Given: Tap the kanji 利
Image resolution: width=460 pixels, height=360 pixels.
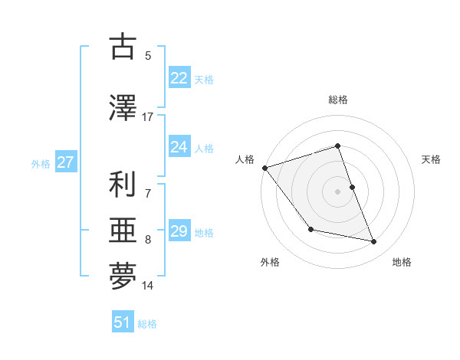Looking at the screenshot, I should (123, 185).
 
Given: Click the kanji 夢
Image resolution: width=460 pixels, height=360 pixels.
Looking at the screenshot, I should (123, 277).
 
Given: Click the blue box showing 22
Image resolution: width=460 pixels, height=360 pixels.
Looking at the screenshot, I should (179, 78).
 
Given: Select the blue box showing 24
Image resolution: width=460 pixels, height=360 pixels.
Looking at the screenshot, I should (179, 147).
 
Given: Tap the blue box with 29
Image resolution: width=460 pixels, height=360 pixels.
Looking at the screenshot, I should (179, 231).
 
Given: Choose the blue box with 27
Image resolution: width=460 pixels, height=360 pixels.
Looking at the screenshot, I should (65, 162).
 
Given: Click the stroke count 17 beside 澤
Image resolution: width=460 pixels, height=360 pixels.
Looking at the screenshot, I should (147, 117).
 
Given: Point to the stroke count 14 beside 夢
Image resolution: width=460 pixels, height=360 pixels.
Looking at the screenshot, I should (147, 286).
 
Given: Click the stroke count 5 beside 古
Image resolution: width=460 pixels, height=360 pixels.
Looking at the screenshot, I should (147, 55).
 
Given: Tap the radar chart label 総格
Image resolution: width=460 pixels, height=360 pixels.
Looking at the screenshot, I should (338, 100).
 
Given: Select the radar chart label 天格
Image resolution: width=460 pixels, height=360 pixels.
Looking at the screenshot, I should (431, 159).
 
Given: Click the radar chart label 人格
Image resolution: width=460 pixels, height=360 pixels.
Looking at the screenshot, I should (245, 159).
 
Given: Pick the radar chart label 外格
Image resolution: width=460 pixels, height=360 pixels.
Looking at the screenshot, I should (270, 262).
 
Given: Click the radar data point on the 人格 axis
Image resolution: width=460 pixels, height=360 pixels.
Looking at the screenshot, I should (264, 168).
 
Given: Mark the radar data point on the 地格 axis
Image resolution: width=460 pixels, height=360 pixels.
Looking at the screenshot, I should (374, 241).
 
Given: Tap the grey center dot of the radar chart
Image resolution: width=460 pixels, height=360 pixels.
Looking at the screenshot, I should (338, 191).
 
